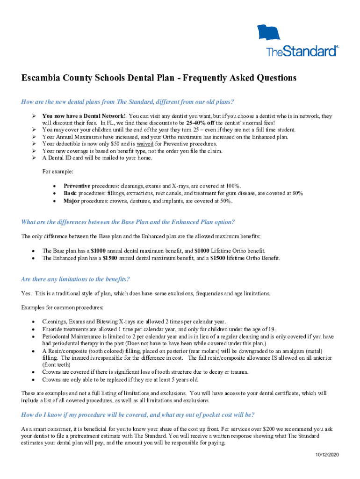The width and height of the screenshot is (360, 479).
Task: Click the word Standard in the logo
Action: coord(309,51)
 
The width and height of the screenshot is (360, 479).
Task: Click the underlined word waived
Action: coord(132,144)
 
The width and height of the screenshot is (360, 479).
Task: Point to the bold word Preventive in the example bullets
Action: coord(77,186)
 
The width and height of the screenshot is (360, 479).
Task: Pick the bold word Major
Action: coord(73,201)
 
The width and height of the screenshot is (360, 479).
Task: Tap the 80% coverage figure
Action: coord(295,194)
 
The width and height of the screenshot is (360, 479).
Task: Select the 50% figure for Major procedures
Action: coord(224,201)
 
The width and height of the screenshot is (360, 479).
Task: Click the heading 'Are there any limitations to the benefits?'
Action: coord(75,279)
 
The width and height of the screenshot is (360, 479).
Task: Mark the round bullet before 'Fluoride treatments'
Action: coord(33,329)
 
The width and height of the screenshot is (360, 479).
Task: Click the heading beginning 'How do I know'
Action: coord(138,415)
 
